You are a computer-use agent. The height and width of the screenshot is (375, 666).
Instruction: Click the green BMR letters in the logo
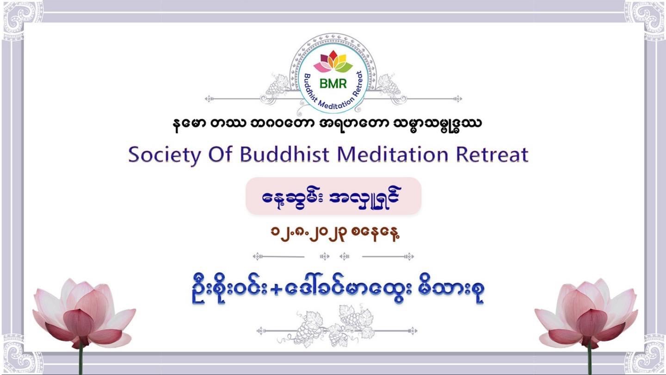coord(333,83)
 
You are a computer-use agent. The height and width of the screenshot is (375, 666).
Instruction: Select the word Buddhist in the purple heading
coord(284,155)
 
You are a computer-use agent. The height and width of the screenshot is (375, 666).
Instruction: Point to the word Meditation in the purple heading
coord(393,155)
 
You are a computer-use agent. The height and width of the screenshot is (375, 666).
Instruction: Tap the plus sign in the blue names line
coord(276,290)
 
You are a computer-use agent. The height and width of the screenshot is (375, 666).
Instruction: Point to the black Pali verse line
coord(327,125)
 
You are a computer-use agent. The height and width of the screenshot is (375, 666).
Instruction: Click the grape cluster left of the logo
coord(277,86)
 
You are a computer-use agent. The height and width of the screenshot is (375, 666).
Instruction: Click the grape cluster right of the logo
coord(389,86)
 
